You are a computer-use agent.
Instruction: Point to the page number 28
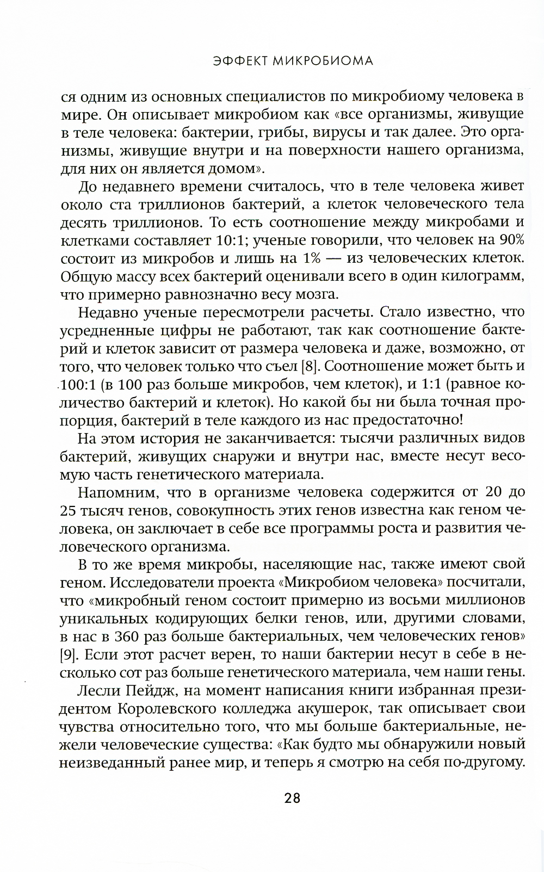pyautogui.click(x=292, y=798)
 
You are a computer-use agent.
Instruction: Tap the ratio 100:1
pyautogui.click(x=79, y=384)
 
